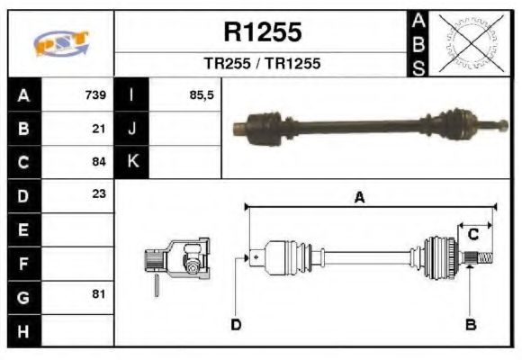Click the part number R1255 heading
pos(263,32)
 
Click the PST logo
pos(61,43)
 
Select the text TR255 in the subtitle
pos(228,63)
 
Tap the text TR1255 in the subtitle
pos(293,63)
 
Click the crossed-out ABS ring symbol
pos(471,43)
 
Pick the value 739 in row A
pos(95,95)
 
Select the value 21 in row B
pos(98,129)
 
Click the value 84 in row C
pos(98,162)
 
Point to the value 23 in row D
pos(98,193)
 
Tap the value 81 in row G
pos(98,294)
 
